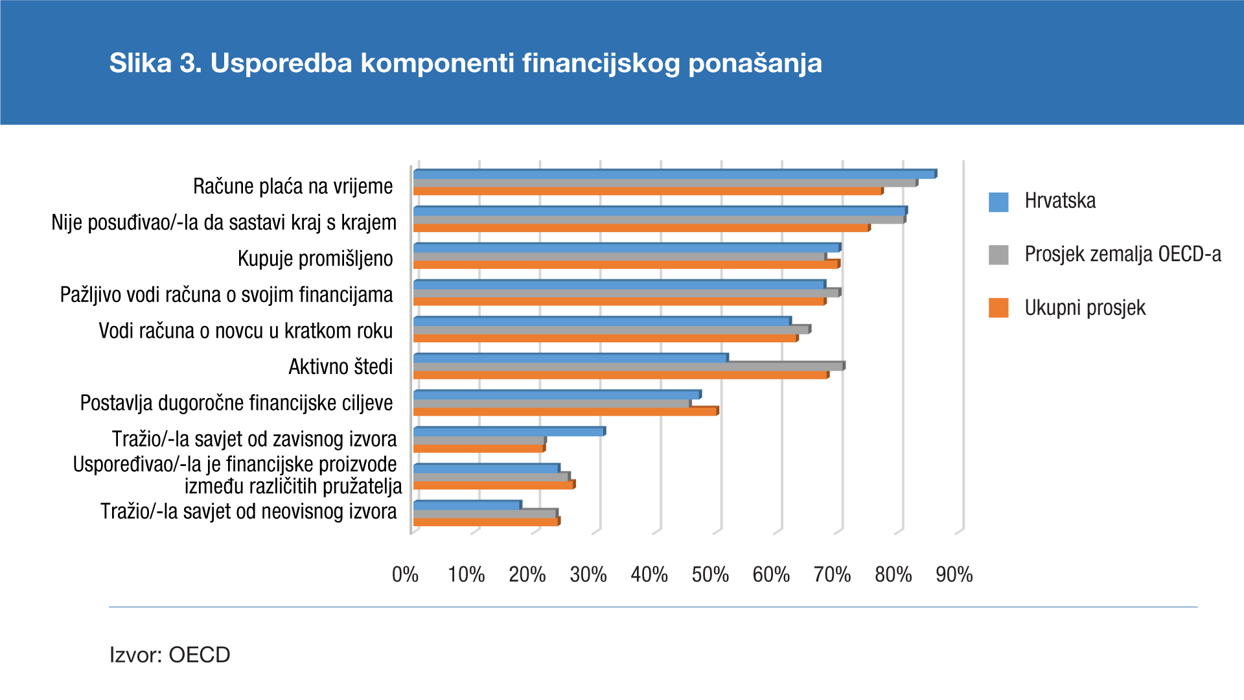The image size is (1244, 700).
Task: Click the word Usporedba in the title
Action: coord(281,64)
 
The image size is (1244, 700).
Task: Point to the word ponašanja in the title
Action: coord(755,64)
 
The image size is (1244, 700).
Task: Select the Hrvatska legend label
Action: coord(1060,201)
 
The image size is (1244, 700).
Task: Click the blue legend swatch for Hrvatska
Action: coord(998,202)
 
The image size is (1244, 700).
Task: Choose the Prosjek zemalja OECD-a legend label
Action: coord(1122,254)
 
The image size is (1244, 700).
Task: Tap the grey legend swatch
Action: coord(998,255)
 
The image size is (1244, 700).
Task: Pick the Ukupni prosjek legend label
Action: coord(1085,308)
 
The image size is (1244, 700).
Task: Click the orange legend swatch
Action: coord(998,308)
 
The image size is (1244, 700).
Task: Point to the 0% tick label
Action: coord(405,574)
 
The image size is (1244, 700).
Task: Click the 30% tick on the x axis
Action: coord(588,574)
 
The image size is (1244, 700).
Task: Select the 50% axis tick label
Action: coord(710,574)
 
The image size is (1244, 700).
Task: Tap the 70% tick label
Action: coord(832,574)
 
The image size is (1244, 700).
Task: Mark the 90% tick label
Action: coord(954,574)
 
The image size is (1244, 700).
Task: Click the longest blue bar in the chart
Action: coord(674,174)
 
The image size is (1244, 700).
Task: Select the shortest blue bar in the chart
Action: coord(466,505)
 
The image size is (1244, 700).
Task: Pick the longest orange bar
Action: coord(648,191)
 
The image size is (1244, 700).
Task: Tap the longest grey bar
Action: coord(665,183)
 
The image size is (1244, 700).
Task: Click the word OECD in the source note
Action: coord(199,655)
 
